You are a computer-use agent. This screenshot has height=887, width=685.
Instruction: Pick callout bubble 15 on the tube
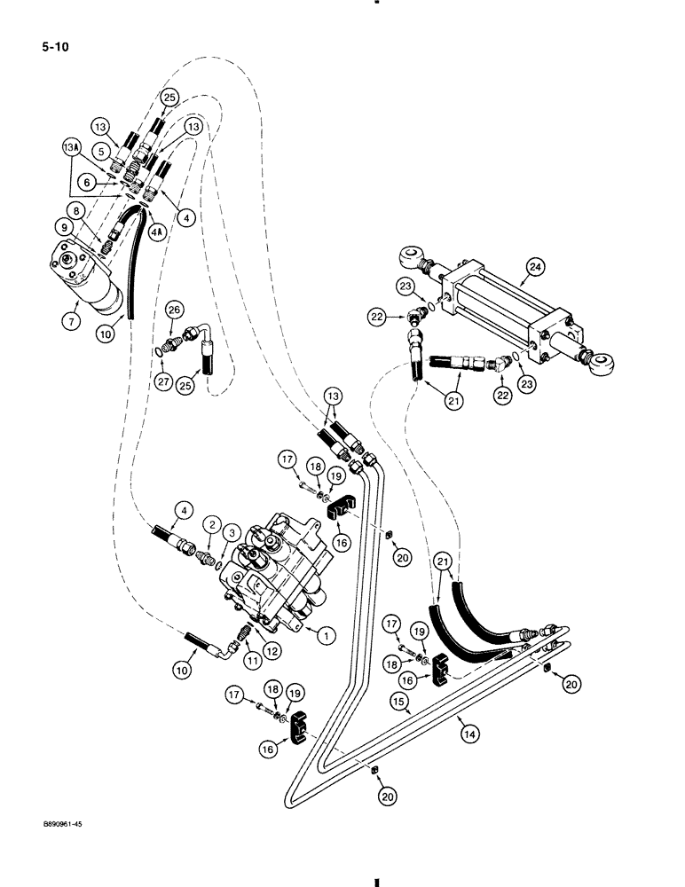click(401, 701)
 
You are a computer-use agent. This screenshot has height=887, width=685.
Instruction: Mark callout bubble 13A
click(70, 145)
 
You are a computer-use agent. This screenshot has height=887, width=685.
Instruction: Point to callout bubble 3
click(232, 533)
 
